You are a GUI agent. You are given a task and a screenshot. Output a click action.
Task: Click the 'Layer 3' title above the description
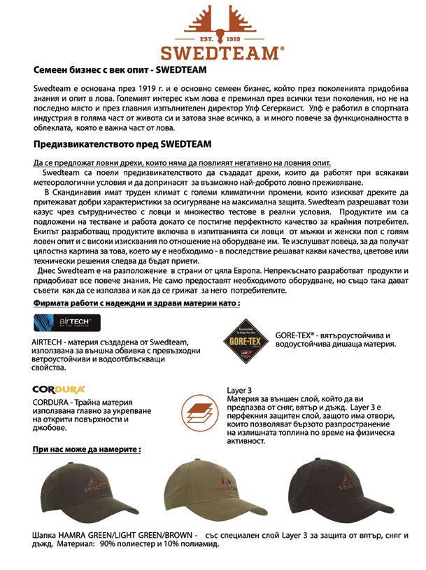[x=240, y=389]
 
